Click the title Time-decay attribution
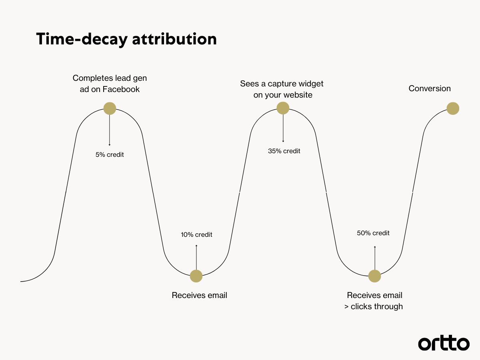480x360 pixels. click(126, 39)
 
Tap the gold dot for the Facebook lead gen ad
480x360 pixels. click(110, 108)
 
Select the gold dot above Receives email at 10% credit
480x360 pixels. click(196, 276)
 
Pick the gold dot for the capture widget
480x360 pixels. click(283, 108)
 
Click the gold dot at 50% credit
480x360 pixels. click(374, 276)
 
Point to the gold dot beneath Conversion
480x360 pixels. click(453, 108)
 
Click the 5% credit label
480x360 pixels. click(110, 154)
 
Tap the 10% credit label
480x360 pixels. click(196, 234)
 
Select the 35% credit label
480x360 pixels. click(284, 151)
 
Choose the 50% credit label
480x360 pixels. click(373, 233)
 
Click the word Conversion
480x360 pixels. click(430, 88)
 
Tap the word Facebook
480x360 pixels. click(121, 89)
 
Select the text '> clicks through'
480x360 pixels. click(374, 307)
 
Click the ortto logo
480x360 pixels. click(444, 344)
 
